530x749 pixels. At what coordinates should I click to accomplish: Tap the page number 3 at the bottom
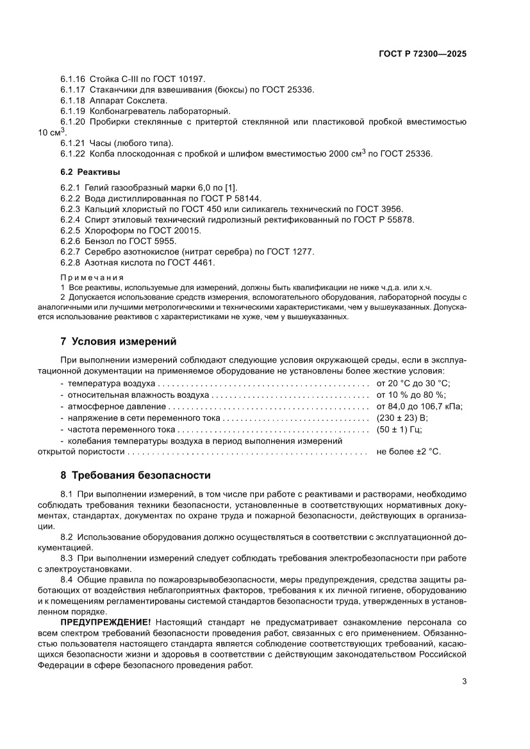[x=463, y=681]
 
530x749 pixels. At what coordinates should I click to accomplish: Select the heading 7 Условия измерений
[x=118, y=340]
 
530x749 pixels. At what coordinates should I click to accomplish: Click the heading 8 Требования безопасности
[x=135, y=475]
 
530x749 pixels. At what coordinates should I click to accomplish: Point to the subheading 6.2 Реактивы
[x=90, y=172]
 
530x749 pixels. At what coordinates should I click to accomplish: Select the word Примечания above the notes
[x=92, y=277]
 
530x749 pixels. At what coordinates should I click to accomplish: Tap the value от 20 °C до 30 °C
[x=413, y=383]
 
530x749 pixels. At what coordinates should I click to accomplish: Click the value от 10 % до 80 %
[x=411, y=395]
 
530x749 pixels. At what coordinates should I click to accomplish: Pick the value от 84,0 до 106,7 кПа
[x=419, y=406]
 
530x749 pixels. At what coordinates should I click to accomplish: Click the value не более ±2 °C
[x=408, y=451]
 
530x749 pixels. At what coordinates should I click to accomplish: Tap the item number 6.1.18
[x=73, y=101]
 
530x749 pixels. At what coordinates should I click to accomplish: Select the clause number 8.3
[x=69, y=558]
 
